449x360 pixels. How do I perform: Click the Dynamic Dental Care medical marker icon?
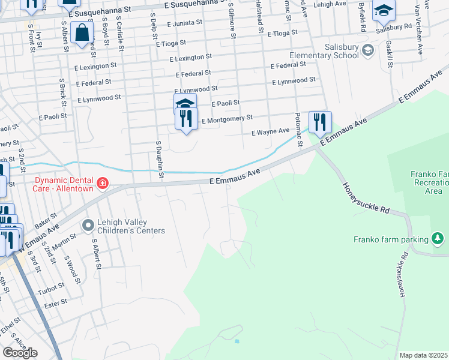tap(103, 182)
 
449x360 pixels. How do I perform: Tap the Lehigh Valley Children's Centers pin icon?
tap(89, 226)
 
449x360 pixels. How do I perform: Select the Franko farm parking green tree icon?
tap(439, 239)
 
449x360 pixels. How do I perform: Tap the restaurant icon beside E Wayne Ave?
tap(320, 124)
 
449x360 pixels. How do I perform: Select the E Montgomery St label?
tap(227, 120)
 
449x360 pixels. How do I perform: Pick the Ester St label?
tap(56, 304)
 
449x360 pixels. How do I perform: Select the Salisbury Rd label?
tap(393, 27)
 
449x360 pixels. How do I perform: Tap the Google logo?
tap(20, 353)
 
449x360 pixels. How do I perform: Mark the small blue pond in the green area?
tap(238, 341)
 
